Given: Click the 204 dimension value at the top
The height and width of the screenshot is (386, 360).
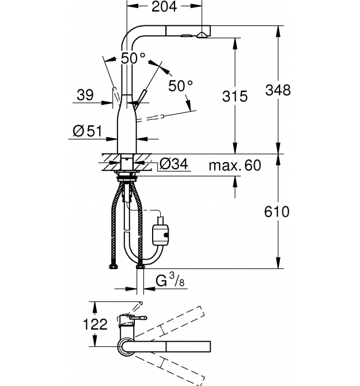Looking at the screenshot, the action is pyautogui.click(x=164, y=7).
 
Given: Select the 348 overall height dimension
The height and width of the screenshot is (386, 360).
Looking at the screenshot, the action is pyautogui.click(x=278, y=90).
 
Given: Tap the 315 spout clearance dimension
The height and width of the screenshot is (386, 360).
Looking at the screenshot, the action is pyautogui.click(x=235, y=96).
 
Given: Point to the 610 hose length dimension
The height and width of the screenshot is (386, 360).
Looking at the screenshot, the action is pyautogui.click(x=277, y=211).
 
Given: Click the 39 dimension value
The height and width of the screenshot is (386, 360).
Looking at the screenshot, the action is pyautogui.click(x=85, y=95).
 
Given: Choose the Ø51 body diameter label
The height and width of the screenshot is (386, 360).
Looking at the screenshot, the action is pyautogui.click(x=88, y=131).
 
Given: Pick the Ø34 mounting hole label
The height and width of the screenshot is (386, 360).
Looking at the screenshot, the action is pyautogui.click(x=174, y=164).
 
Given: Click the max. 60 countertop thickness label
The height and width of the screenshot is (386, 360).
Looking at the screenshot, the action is pyautogui.click(x=235, y=165).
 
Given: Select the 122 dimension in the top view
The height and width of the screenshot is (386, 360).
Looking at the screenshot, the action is pyautogui.click(x=96, y=324).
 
